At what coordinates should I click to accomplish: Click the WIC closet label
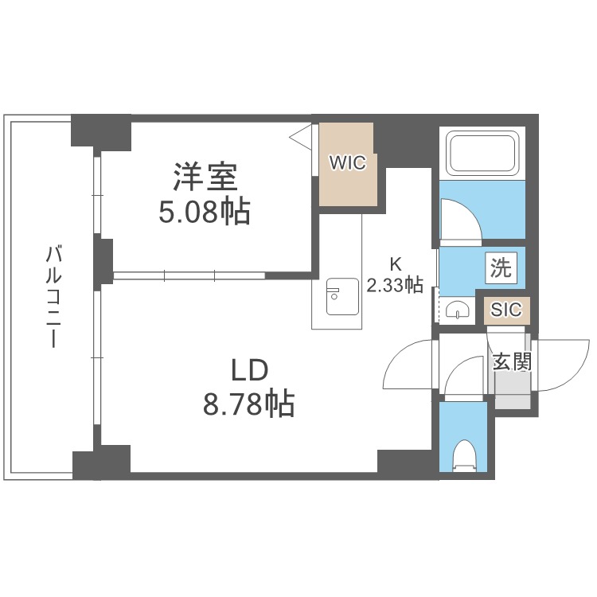tap(348, 163)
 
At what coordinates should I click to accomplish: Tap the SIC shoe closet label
tap(506, 310)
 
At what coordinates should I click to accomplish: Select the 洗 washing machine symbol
tap(501, 267)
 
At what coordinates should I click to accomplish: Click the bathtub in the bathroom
tap(483, 153)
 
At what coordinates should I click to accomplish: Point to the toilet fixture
tap(462, 458)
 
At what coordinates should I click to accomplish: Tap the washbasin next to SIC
tap(458, 310)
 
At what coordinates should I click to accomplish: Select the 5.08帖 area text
tap(205, 212)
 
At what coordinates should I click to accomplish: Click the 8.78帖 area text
tap(248, 404)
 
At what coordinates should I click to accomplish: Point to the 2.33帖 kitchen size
tap(394, 285)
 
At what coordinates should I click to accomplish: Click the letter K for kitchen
tap(394, 264)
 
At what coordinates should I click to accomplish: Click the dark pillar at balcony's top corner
tap(100, 131)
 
